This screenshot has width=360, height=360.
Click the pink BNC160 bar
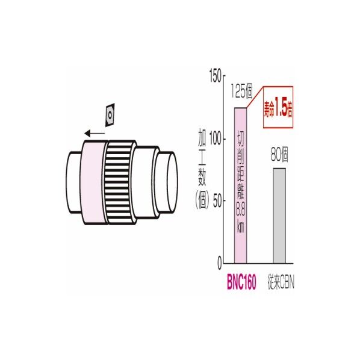tap(240, 185)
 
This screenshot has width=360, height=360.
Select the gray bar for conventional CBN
tap(279, 216)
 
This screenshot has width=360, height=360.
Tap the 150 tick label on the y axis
tap(216, 76)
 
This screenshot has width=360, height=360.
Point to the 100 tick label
tap(216, 139)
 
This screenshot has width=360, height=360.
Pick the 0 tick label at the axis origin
tap(220, 264)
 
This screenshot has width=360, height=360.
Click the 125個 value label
tap(241, 91)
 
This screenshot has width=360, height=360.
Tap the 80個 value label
tap(279, 155)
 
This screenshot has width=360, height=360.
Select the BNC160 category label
tap(241, 282)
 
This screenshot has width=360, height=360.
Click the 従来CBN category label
tap(281, 282)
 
